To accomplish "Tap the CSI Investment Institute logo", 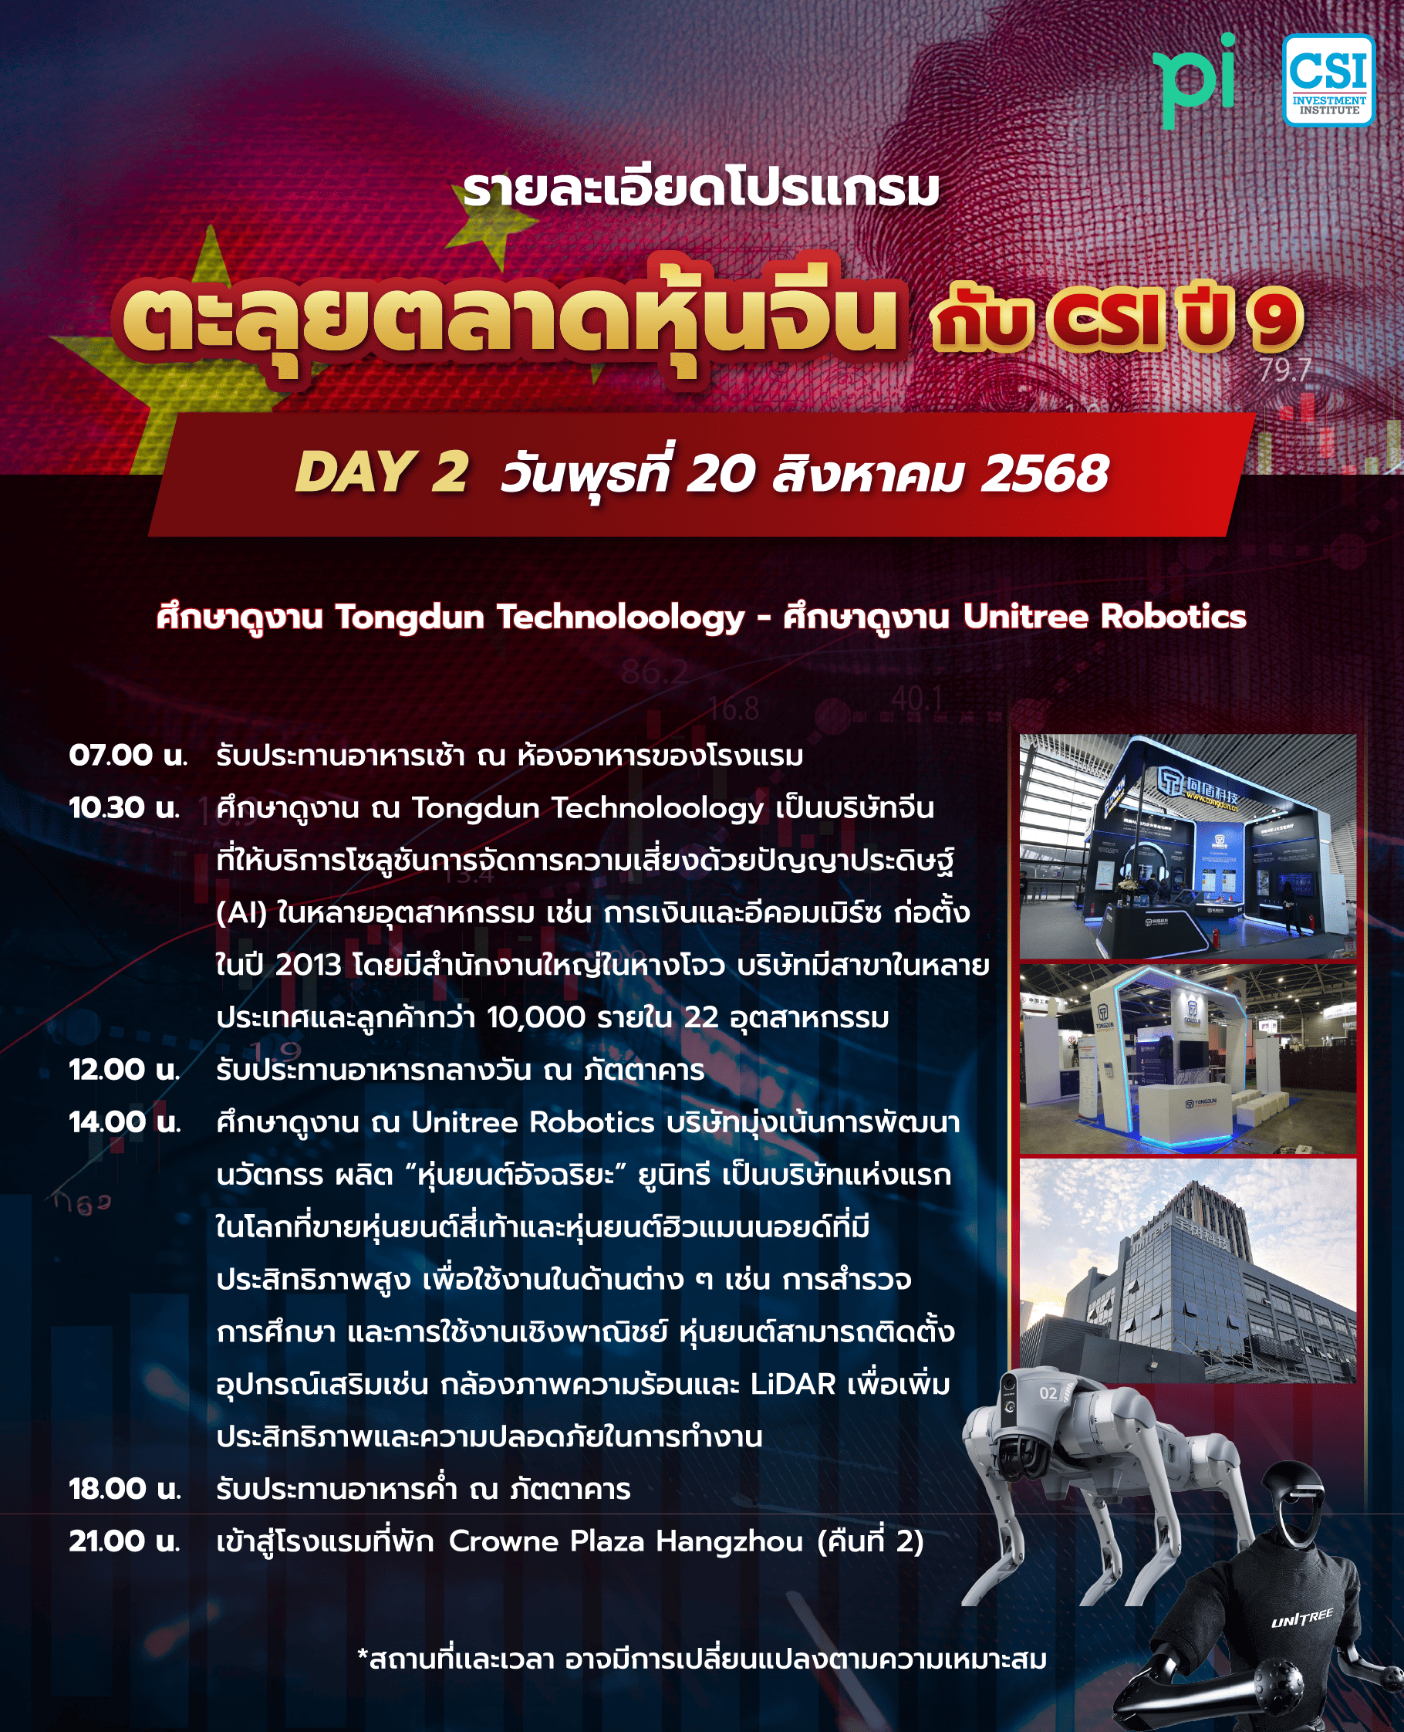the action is pos(1328,80).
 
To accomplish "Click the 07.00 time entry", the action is pos(128,756).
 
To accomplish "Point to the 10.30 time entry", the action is pos(124,807).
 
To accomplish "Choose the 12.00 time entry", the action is pos(124,1070).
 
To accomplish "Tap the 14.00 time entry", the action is pos(124,1122).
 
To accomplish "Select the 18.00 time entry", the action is pos(124,1489).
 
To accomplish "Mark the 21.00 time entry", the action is pos(124,1541).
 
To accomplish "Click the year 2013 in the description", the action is pos(308,965).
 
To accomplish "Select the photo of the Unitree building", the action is pos(1187,1270).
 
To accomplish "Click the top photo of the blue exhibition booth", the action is pos(1187,846).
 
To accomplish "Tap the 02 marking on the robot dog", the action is pos(1048,1393).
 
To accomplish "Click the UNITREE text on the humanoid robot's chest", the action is pos(1302,1618).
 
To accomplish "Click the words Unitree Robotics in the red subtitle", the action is pos(1104,617).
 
